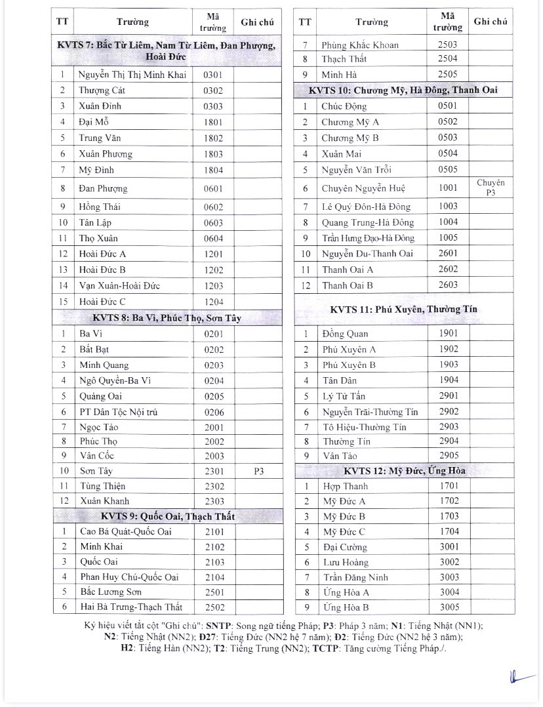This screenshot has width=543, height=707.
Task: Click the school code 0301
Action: (x=213, y=75)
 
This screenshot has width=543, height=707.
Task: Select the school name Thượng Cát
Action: (x=96, y=91)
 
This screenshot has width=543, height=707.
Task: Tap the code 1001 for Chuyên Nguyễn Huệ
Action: (x=448, y=188)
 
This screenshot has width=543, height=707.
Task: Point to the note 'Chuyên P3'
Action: (x=491, y=188)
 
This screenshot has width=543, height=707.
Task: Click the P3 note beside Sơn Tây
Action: (x=259, y=470)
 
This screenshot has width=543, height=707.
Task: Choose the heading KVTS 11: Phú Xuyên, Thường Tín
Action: (x=403, y=309)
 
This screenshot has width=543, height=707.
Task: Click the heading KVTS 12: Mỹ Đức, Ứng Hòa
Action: (x=403, y=471)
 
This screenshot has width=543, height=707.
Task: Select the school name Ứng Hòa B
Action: (x=346, y=607)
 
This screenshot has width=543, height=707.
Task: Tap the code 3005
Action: (x=449, y=607)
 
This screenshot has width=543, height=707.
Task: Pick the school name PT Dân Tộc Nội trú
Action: (x=118, y=412)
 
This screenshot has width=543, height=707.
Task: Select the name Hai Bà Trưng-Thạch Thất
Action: (x=131, y=607)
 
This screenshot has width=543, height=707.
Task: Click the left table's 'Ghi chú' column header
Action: (x=257, y=22)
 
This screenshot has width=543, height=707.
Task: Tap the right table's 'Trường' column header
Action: (x=372, y=22)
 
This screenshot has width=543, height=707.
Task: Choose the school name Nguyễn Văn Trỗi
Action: (x=356, y=170)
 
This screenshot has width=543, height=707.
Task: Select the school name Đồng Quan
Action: (x=345, y=334)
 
